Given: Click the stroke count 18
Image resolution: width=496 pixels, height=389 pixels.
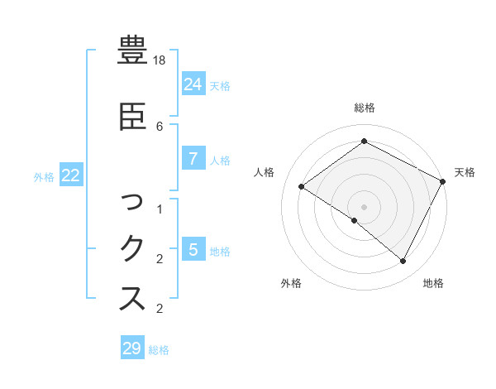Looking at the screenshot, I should (160, 60).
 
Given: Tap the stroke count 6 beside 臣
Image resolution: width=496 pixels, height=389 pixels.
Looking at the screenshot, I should (160, 126).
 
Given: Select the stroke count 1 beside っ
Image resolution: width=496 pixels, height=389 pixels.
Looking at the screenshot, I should (160, 209).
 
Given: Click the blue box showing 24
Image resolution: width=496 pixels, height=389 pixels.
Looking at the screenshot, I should (193, 84).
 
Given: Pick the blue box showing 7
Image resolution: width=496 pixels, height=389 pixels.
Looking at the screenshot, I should (193, 159).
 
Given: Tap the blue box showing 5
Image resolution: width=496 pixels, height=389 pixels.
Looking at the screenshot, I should (193, 249).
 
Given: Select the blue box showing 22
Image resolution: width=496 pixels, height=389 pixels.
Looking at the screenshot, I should (70, 175).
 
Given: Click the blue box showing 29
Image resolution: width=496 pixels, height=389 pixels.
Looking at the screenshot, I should (132, 348).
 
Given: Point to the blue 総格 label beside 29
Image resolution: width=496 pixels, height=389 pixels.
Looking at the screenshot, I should (159, 350).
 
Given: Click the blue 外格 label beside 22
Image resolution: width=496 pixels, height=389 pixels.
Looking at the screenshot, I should (44, 176).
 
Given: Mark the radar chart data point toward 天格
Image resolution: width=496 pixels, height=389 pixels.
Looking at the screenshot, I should (442, 181).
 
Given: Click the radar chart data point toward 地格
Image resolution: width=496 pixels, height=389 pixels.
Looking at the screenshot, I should (403, 261).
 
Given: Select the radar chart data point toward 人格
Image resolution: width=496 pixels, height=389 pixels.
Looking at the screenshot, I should (301, 187).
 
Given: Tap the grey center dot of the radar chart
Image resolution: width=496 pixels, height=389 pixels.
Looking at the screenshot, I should (364, 206).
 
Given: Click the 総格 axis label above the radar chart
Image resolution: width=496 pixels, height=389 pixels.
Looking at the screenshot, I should (364, 108).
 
